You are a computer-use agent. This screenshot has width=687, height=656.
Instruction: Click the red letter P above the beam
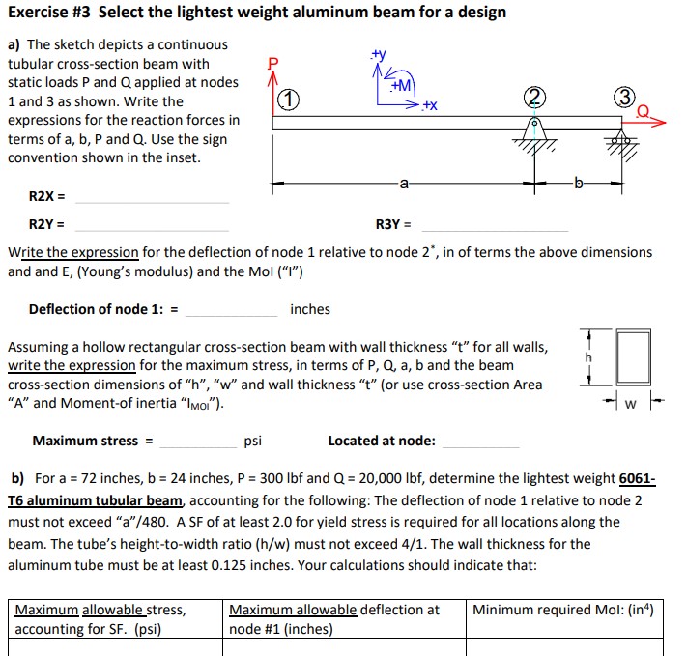tap(272, 63)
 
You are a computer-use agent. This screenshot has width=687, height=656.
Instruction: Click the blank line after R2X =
tap(152, 200)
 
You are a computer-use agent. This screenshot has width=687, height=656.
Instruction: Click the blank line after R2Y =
tap(152, 228)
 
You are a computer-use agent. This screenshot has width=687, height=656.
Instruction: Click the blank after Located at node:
tap(479, 444)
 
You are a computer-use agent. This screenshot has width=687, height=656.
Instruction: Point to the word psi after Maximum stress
tap(253, 441)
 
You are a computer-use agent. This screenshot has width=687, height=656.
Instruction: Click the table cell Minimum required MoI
tap(569, 618)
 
